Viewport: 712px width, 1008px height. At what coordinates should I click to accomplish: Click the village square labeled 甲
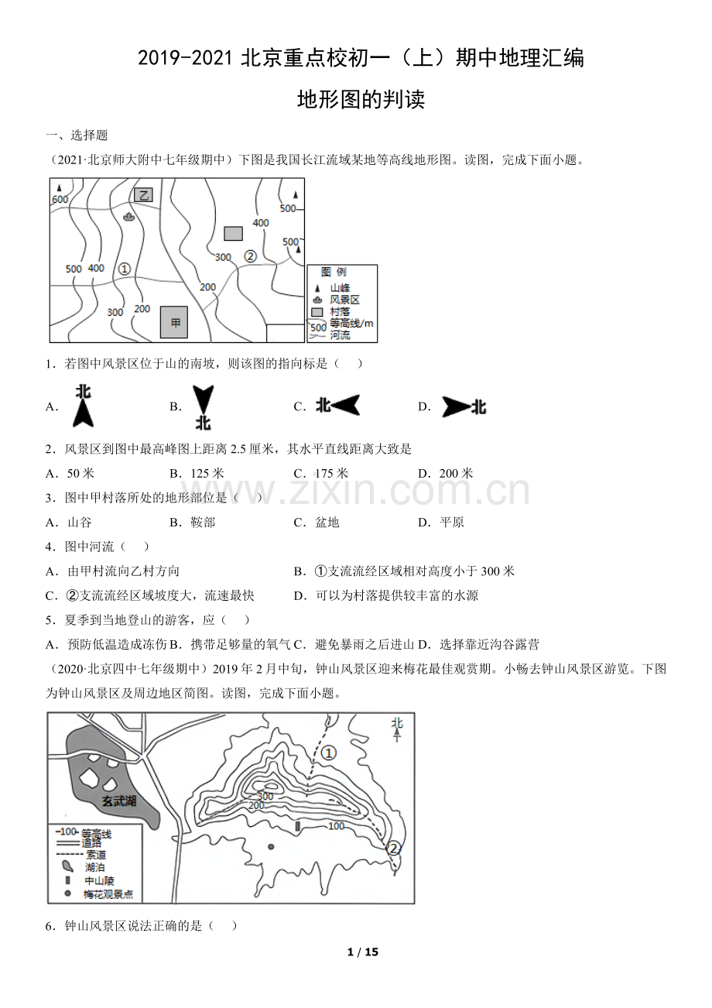coord(174,322)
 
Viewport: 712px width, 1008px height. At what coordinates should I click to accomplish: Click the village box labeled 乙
coord(143,195)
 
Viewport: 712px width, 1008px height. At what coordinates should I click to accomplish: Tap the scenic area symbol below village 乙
coord(128,216)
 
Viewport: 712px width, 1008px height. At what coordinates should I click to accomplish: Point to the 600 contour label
coord(60,199)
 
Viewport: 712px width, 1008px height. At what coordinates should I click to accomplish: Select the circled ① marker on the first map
coord(124,269)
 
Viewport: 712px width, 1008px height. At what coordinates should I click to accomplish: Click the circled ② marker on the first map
coord(250,255)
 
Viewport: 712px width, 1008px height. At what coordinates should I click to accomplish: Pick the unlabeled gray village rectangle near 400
coord(233,233)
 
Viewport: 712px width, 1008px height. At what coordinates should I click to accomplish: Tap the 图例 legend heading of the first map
coord(334,273)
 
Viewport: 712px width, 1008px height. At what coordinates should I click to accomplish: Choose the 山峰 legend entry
coord(340,287)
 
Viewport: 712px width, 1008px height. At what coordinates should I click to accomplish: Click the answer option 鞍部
coord(203,522)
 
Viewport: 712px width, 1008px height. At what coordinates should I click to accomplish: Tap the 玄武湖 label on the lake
coord(118,801)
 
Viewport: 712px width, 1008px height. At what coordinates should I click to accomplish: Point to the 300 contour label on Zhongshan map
coord(264,796)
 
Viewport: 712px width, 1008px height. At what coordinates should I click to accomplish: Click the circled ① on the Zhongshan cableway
coord(329,753)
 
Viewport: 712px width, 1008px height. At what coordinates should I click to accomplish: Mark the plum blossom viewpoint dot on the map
coord(271,846)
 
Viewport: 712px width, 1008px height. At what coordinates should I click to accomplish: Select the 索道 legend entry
coord(96,855)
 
